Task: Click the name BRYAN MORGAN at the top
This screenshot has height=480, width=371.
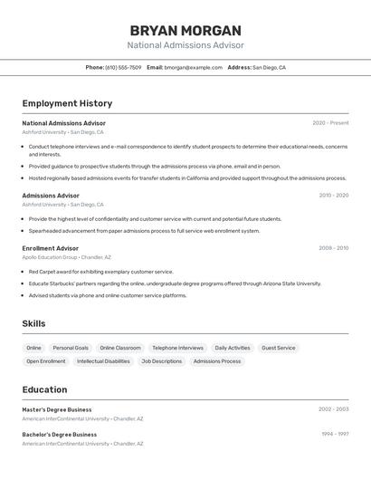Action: coord(185,30)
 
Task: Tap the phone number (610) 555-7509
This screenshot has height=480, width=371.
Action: coord(123,67)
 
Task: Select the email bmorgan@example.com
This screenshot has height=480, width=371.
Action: coord(193,67)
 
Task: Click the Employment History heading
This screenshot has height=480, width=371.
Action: coord(67,103)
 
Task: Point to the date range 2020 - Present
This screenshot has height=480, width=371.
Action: coord(330,123)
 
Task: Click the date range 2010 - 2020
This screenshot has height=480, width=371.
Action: coord(333,196)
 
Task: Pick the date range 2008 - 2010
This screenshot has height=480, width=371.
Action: coord(333,248)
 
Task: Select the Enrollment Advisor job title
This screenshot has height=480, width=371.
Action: coord(51,248)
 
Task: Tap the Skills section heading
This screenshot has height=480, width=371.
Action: coord(33,323)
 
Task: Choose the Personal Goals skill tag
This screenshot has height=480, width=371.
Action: coord(71,348)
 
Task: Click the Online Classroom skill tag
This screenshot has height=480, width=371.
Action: coord(120,348)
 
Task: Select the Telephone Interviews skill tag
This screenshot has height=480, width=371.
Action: coord(177,348)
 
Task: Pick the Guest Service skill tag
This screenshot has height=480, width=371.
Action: coord(279,348)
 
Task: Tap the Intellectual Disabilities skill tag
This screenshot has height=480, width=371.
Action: coord(103,361)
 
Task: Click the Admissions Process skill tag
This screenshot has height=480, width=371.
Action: coord(217,361)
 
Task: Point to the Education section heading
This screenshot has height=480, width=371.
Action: coord(44,389)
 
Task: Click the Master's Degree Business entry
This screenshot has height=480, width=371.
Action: coord(57,409)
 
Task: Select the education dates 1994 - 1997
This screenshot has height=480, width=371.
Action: coord(335,434)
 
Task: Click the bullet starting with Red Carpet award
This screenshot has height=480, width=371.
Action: coord(100,272)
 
